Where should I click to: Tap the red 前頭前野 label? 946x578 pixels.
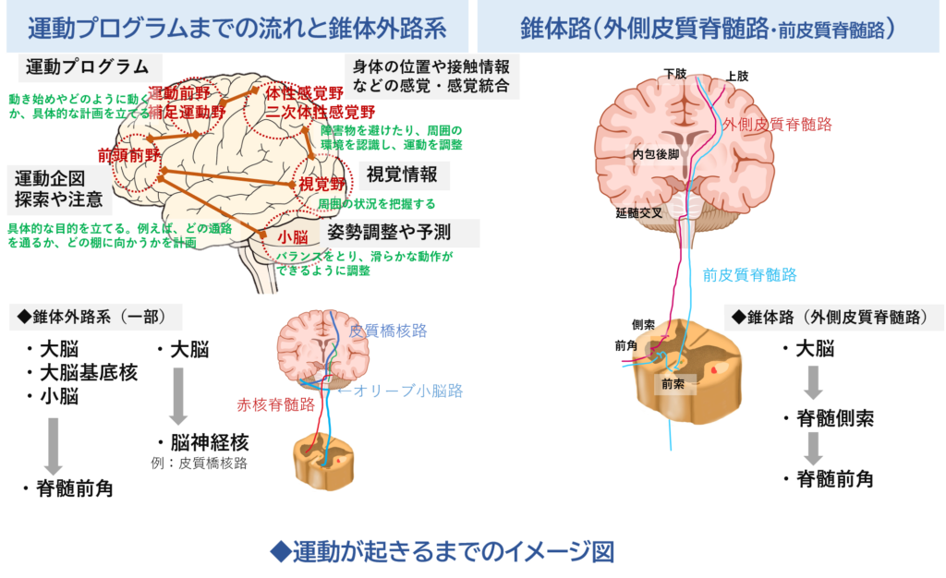(x=127, y=155)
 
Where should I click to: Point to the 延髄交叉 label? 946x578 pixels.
(x=638, y=213)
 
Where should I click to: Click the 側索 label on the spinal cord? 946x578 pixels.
(x=644, y=324)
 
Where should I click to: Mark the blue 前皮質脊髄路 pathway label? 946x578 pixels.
(x=749, y=274)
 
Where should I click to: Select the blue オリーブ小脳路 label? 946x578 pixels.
(x=404, y=391)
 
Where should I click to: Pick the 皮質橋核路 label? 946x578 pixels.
(x=389, y=331)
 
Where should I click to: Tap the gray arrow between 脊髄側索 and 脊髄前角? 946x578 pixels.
(x=814, y=449)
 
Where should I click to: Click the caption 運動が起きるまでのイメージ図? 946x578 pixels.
(x=442, y=552)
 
